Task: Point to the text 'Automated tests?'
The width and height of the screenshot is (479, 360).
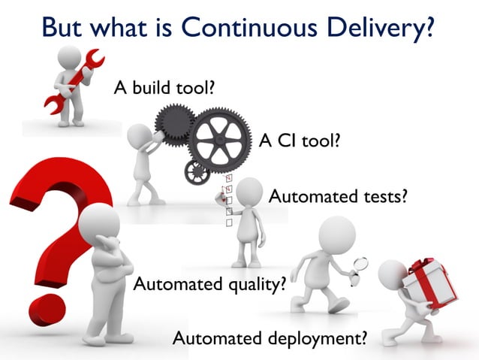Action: point(338,197)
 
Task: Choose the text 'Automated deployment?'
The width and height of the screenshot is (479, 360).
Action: point(270,337)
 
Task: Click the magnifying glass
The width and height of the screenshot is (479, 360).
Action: point(360,265)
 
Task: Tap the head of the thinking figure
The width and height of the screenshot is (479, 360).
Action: point(98,224)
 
